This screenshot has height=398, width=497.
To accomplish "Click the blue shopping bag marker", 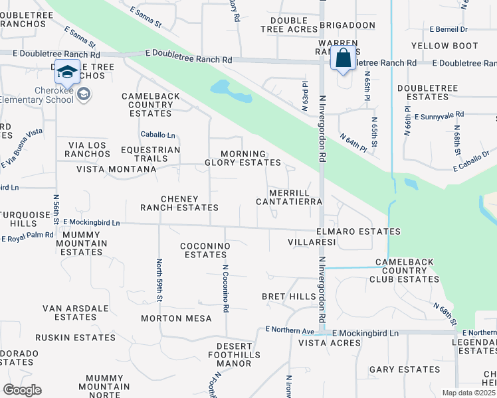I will click(x=343, y=58).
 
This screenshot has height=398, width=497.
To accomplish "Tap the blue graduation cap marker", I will click(x=67, y=71).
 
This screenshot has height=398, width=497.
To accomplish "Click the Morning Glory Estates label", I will click(x=243, y=158).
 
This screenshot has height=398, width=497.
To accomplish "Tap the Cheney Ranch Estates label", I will click(x=179, y=203).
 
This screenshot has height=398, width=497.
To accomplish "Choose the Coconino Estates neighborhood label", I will click(x=205, y=250).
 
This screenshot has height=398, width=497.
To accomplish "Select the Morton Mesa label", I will click(x=176, y=318).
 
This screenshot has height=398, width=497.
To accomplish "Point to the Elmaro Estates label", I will click(x=358, y=232).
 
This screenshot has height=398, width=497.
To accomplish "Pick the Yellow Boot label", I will click(x=445, y=46).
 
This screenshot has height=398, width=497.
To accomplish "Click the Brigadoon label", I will click(x=345, y=24).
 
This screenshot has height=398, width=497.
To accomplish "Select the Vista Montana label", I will click(x=116, y=169).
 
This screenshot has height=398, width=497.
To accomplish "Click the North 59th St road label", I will click(x=159, y=279).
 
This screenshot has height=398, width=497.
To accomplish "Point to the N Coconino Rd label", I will click(x=225, y=289).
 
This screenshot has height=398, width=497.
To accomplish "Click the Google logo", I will click(x=22, y=390).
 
